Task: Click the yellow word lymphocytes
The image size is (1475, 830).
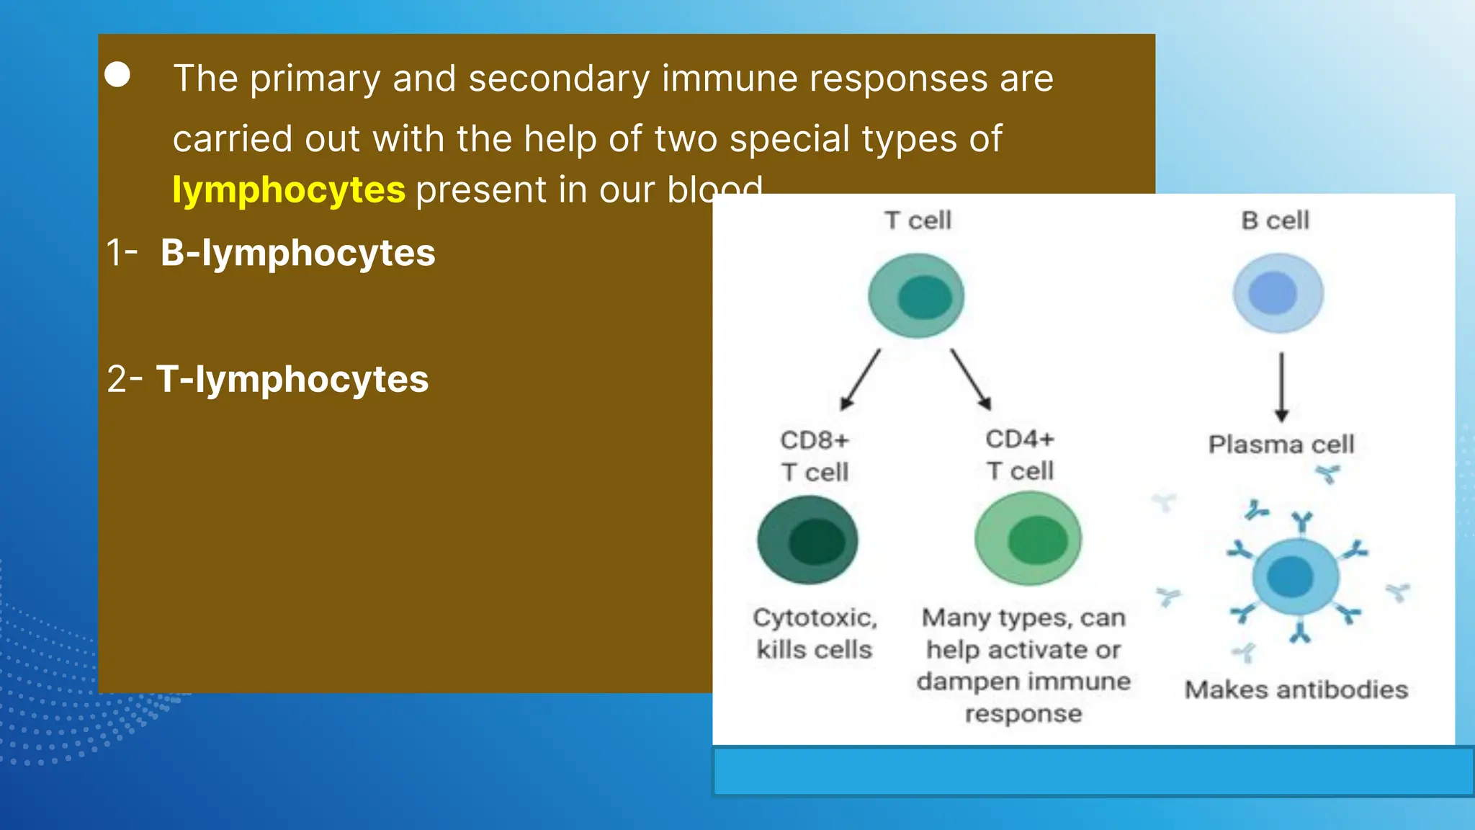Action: [288, 190]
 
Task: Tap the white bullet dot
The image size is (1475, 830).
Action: [117, 75]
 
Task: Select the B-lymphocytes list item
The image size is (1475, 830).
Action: [297, 253]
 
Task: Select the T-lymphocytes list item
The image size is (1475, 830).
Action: [292, 379]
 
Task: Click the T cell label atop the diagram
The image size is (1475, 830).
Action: [918, 220]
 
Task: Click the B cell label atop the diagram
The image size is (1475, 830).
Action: [1275, 220]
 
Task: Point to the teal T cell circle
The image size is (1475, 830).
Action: [916, 295]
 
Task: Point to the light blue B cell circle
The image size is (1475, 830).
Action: [1278, 293]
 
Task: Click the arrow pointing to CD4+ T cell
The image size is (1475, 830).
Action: [971, 380]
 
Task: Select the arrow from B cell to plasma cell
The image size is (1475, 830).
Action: [1281, 387]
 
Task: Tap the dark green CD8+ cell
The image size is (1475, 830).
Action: [807, 540]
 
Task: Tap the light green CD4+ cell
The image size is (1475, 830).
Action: [1028, 539]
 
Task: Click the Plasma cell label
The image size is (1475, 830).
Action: [1281, 444]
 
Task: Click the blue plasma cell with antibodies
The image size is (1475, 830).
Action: [1294, 577]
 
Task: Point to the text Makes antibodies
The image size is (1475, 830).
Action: [1296, 690]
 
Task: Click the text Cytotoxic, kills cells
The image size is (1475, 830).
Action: [815, 633]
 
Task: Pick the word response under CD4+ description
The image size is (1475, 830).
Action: [1023, 713]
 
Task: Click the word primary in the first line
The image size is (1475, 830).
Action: [315, 79]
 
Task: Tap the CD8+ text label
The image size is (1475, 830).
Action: [815, 439]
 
